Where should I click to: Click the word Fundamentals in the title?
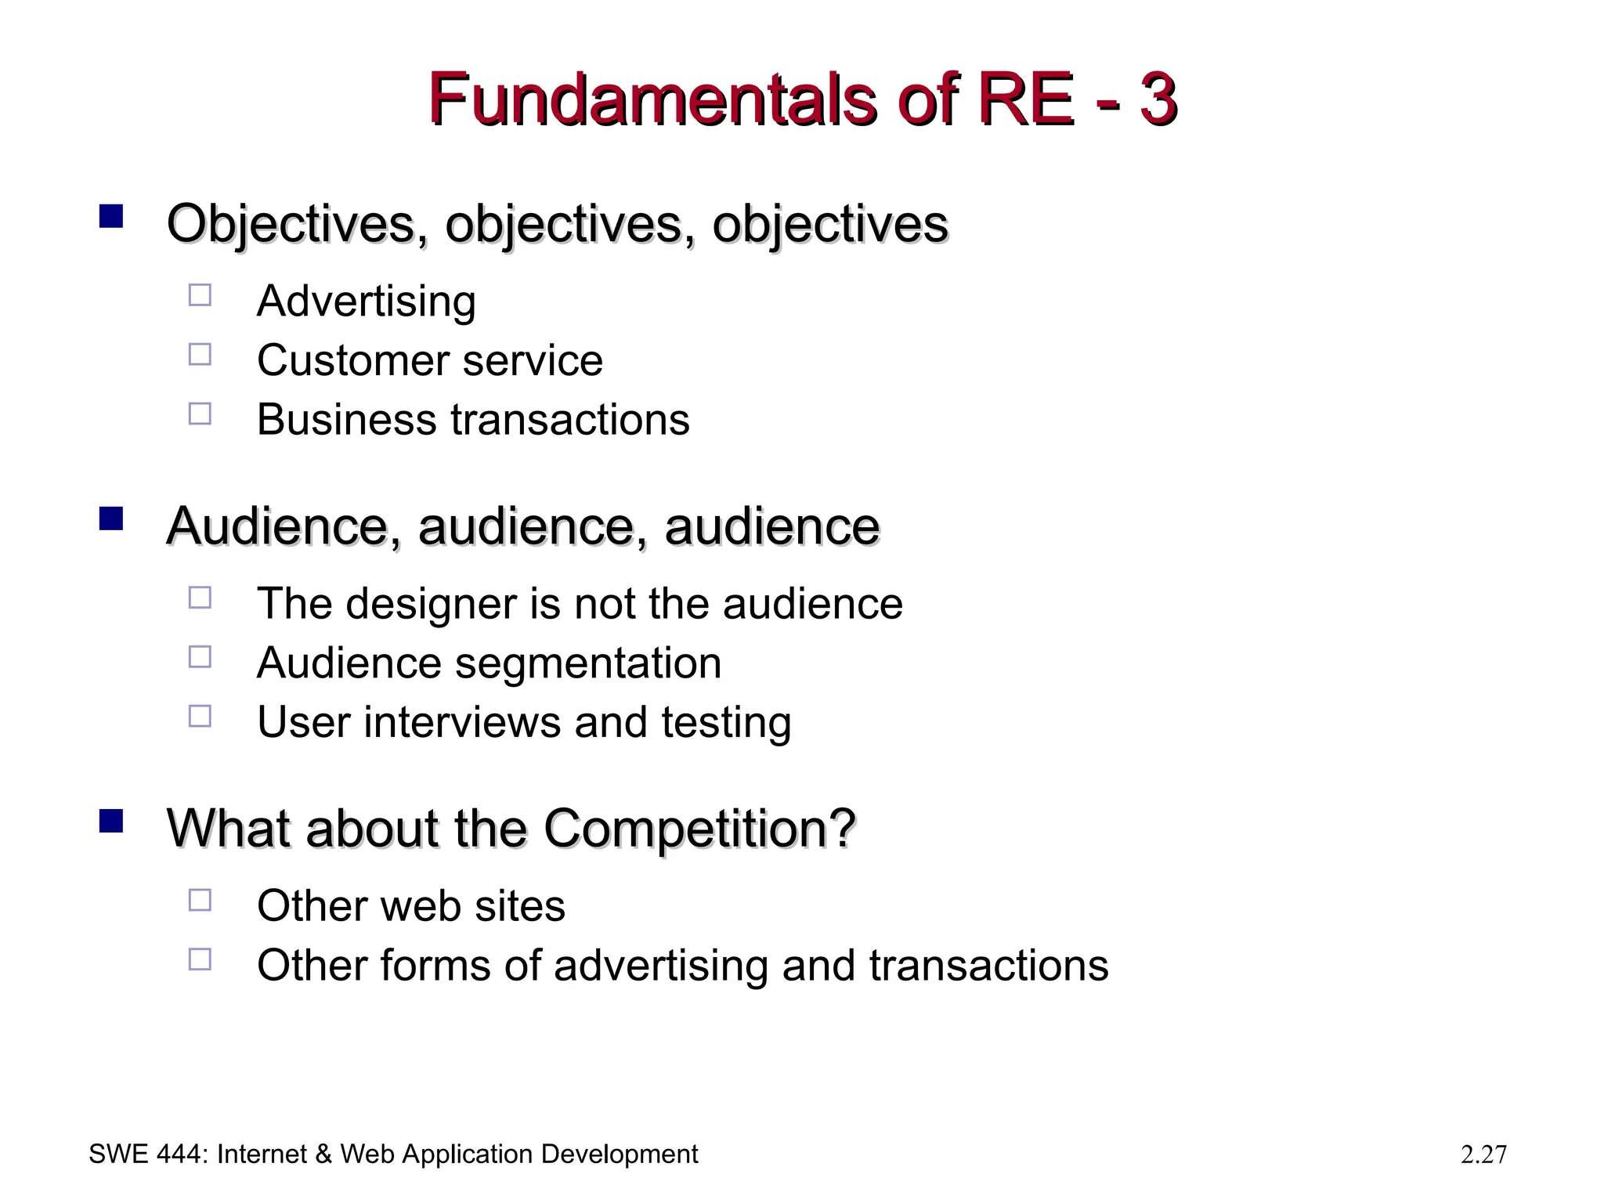pos(652,100)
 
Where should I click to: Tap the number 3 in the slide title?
pos(1158,100)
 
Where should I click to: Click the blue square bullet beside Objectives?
pos(111,216)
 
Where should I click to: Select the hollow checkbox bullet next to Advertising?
pos(200,295)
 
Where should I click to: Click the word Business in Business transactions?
pos(346,419)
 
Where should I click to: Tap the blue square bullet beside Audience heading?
pos(111,518)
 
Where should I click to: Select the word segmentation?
pos(587,664)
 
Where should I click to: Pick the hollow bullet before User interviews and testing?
pos(200,716)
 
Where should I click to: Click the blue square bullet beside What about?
pos(111,821)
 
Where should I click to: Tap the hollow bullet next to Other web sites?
pos(200,900)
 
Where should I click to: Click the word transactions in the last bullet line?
pos(988,965)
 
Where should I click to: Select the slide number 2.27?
pos(1483,1154)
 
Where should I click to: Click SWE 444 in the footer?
pos(145,1154)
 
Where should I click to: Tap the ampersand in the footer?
pos(323,1154)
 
